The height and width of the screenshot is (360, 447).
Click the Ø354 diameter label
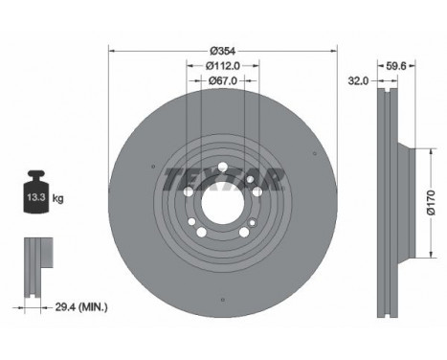223,51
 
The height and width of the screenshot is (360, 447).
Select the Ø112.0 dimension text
223,66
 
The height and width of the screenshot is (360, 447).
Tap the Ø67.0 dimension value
223,81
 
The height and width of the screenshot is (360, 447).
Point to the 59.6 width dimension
396,66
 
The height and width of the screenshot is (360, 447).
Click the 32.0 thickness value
358,81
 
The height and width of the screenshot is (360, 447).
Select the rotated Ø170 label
431,203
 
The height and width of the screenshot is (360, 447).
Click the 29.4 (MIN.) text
81,307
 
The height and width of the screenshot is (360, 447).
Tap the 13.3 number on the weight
35,197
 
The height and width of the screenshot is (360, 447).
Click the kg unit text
57,199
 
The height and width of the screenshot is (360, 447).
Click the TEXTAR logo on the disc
223,179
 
